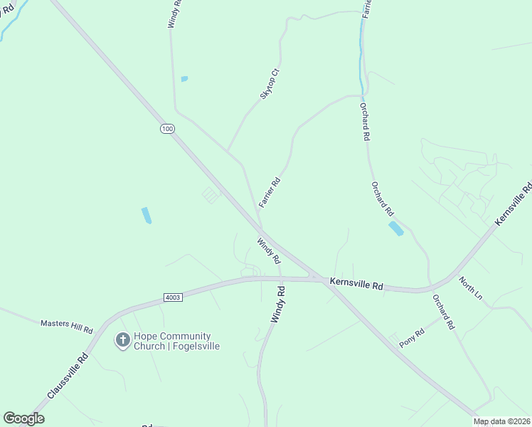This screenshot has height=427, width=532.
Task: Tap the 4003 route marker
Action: tap(173, 297)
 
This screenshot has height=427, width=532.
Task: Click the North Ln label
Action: tap(471, 288)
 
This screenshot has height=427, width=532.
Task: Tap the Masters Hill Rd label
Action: tap(67, 327)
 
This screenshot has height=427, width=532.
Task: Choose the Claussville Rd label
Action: tap(68, 375)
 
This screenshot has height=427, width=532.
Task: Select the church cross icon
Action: tap(122, 341)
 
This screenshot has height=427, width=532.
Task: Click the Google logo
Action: tap(23, 418)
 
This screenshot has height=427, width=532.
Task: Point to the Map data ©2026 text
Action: tap(501, 422)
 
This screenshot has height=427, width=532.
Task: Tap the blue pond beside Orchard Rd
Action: tap(395, 228)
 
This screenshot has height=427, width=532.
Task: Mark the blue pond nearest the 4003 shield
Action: tap(147, 215)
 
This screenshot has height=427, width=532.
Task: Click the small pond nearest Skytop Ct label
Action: tap(184, 78)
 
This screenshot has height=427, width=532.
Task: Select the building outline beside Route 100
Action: tap(212, 194)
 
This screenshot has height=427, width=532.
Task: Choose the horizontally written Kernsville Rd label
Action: tap(356, 284)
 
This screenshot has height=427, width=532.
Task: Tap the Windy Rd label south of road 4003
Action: tap(277, 305)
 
